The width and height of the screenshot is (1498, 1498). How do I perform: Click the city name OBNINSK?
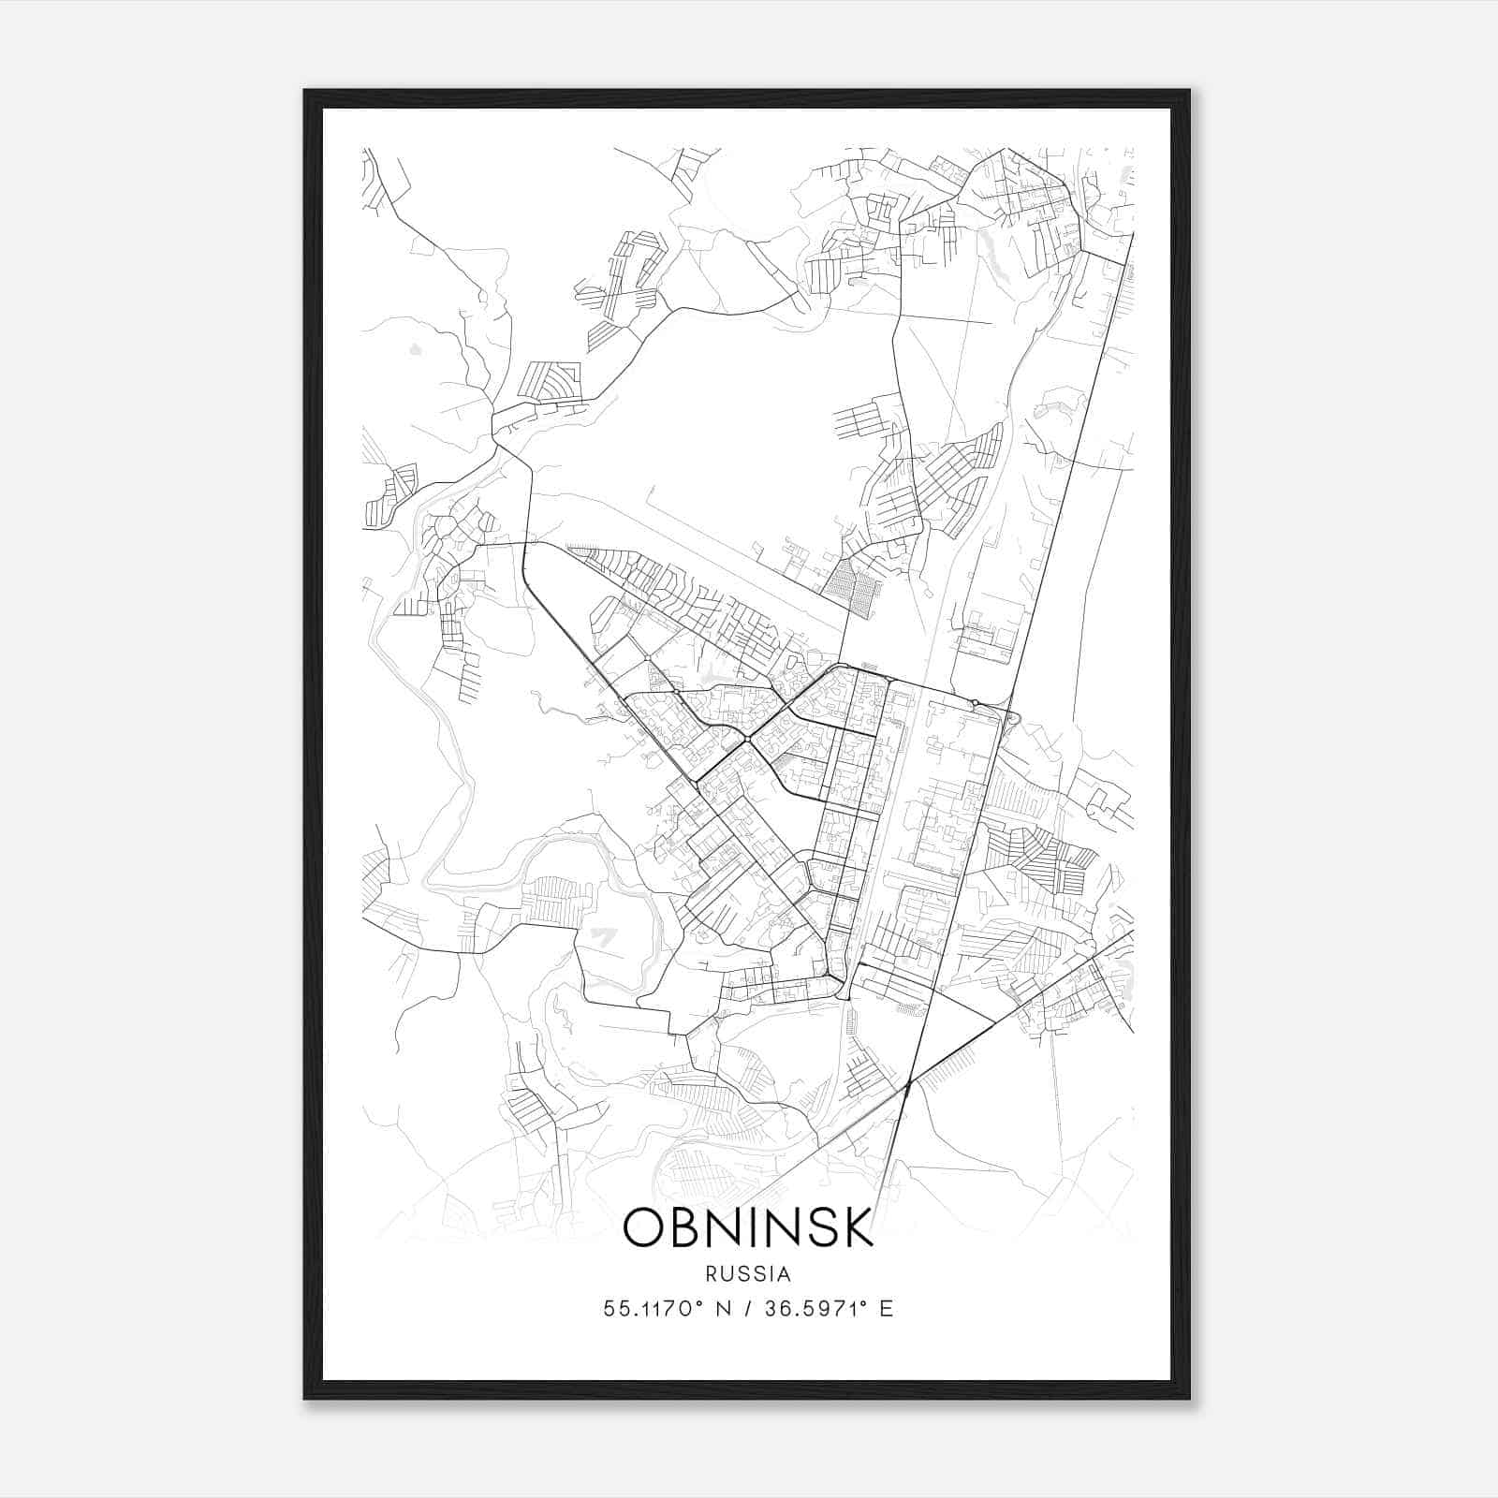tap(747, 1227)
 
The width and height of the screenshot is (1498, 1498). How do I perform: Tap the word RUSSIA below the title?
tap(748, 1274)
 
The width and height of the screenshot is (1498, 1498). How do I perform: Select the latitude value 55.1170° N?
tap(665, 1309)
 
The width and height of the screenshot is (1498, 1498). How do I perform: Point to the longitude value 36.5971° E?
tap(828, 1309)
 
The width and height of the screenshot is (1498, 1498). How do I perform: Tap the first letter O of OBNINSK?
tap(643, 1227)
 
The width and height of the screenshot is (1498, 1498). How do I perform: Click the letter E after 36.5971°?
tap(887, 1309)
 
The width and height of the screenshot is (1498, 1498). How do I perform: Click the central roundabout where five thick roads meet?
tap(749, 741)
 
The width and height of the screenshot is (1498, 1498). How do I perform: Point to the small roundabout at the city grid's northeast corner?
tap(975, 702)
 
